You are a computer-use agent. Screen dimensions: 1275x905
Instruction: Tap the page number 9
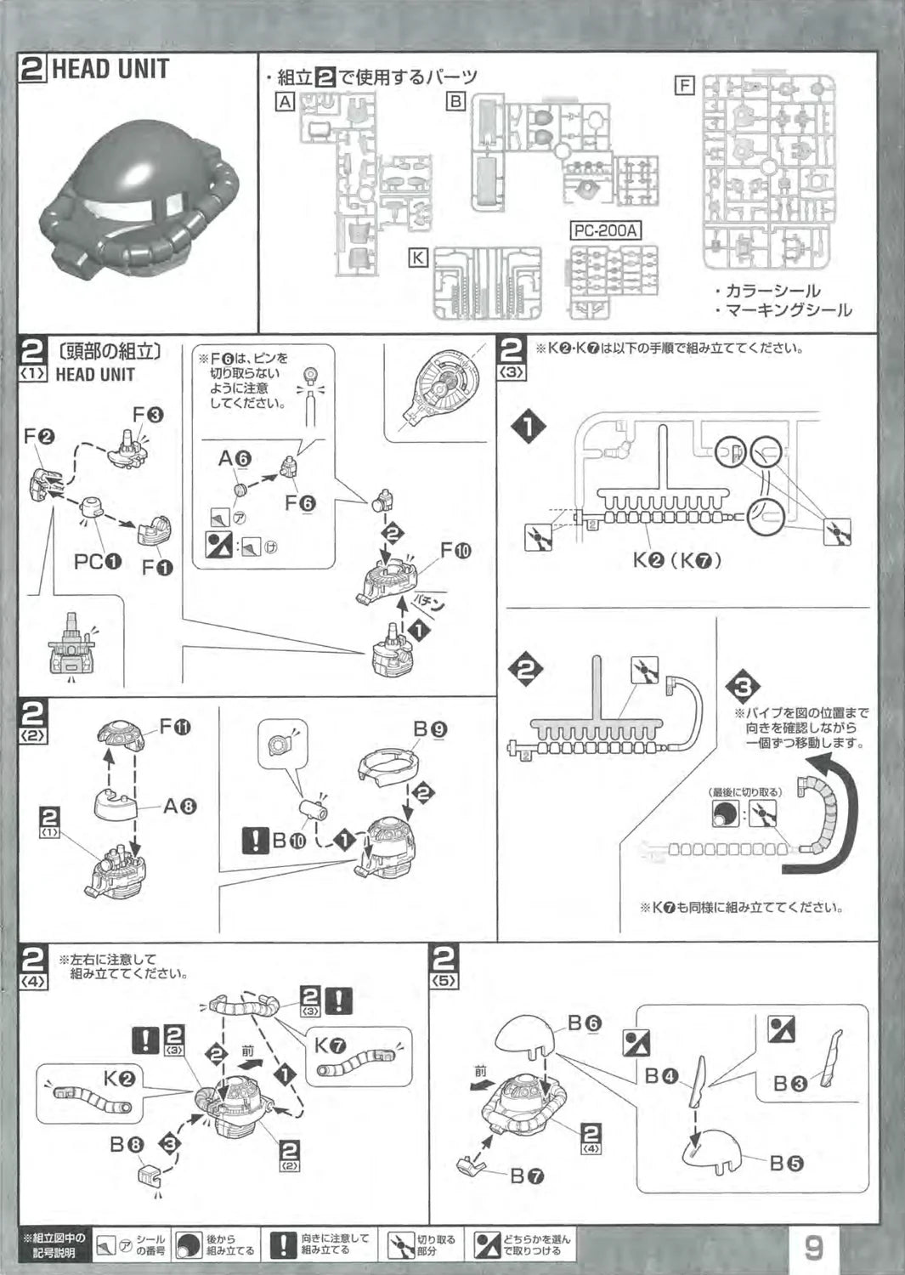coord(813,1248)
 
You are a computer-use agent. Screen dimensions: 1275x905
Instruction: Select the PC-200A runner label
coord(606,230)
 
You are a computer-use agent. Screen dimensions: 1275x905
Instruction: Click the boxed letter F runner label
coord(684,86)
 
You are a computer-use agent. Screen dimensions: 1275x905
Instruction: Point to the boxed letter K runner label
coord(417,257)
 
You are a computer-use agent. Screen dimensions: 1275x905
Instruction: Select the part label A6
coord(235,459)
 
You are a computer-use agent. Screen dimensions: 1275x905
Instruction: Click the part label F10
coord(455,550)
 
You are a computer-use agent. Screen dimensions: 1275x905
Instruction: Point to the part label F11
coord(175,727)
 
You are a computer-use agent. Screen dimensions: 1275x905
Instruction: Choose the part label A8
coord(179,805)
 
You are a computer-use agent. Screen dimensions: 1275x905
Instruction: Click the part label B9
coord(430,728)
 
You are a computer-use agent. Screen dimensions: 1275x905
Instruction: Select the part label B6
coord(584,1023)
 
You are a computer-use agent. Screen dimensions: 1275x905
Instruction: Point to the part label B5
coord(786,1163)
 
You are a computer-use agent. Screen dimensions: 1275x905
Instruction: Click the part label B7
coord(527,1176)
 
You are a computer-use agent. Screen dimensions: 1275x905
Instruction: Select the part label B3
coord(789,1084)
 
